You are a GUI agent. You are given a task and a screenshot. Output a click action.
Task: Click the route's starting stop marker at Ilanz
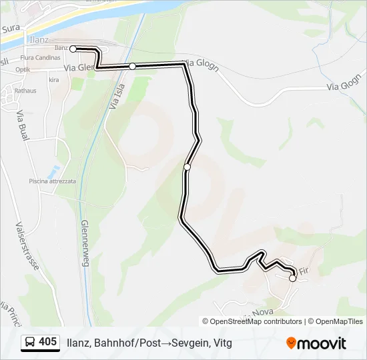[73, 49]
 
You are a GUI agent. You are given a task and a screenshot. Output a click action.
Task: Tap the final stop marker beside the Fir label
[292, 279]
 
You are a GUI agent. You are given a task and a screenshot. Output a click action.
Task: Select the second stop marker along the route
[133, 66]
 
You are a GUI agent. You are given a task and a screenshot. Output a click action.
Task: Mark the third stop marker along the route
[188, 167]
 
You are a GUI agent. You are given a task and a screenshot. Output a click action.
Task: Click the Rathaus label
[25, 89]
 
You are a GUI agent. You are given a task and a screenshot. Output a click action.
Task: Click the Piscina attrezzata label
[52, 181]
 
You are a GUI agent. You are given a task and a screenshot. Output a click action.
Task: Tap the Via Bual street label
[22, 124]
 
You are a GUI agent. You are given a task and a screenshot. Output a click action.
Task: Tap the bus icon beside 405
[30, 343]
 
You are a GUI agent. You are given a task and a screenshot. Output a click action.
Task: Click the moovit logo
[316, 343]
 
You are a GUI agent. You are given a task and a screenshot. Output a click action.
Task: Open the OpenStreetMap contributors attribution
[256, 321]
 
